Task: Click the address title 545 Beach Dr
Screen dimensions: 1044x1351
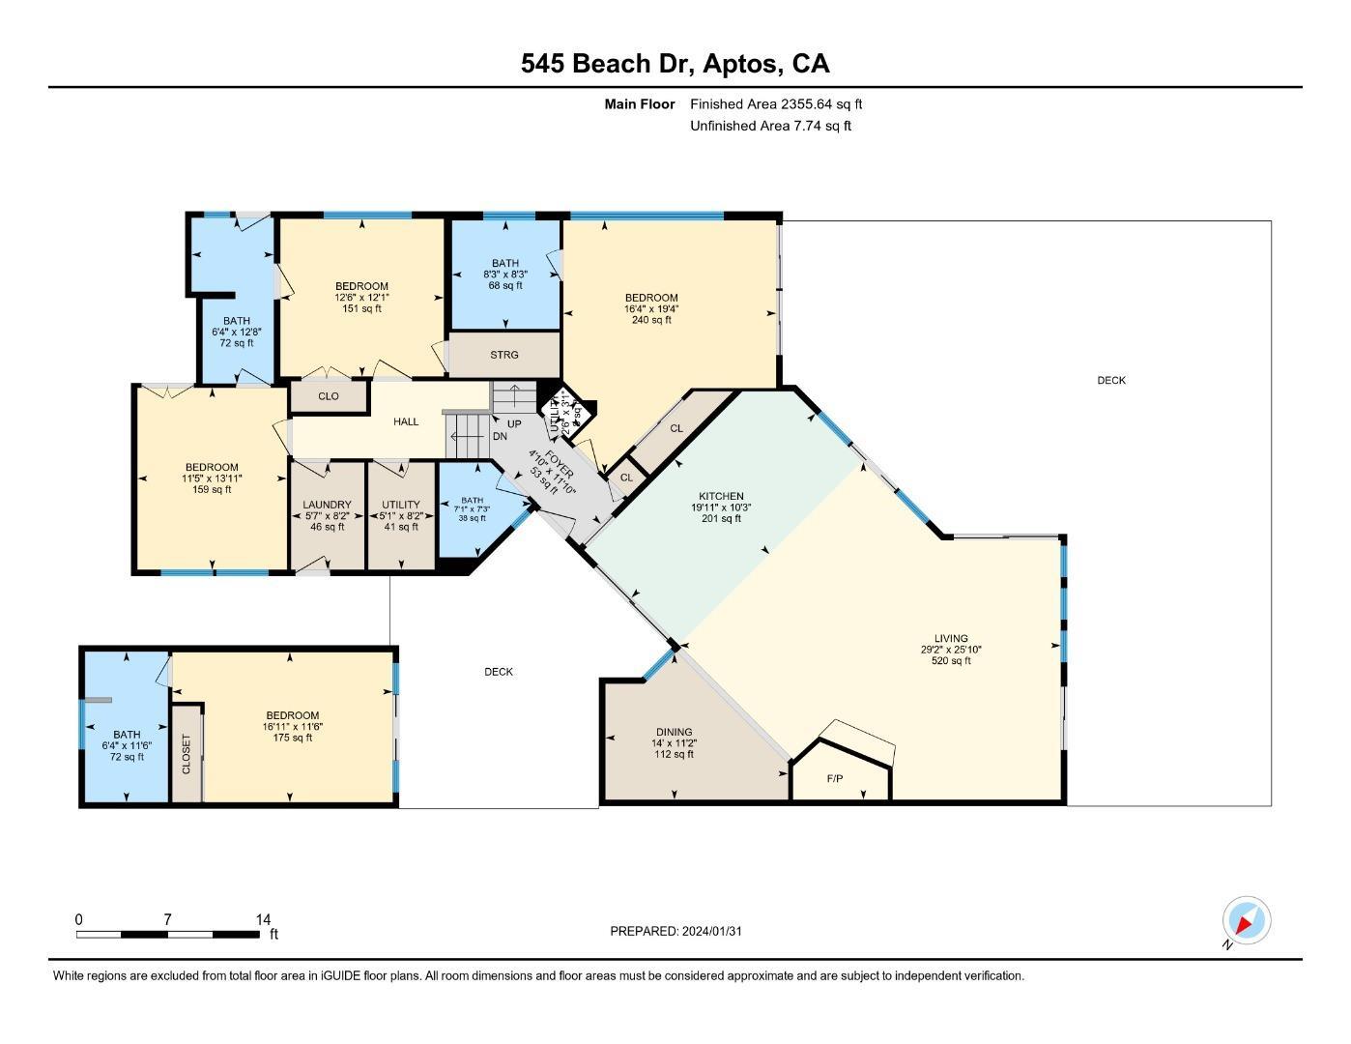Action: pos(675,64)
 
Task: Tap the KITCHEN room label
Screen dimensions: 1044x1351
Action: pos(716,496)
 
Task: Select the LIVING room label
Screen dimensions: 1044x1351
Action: pos(951,638)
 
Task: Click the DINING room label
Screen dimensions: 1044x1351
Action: pos(674,732)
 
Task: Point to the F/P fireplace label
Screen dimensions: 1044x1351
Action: pos(835,779)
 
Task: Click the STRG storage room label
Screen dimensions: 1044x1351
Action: pos(503,355)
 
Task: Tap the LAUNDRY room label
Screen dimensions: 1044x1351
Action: pos(327,505)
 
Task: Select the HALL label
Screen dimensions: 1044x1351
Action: pos(406,421)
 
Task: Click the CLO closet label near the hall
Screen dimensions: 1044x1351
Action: pos(329,396)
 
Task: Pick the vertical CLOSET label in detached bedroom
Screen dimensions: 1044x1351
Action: pos(187,755)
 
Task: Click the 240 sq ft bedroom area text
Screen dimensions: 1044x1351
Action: pos(651,320)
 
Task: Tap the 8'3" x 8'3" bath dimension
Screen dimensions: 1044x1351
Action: pos(504,275)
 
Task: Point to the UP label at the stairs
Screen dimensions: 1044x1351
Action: pos(514,424)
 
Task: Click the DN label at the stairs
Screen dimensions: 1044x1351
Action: pos(500,437)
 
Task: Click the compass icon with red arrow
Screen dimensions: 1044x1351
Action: pos(1247,921)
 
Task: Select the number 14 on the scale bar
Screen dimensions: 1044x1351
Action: pos(263,920)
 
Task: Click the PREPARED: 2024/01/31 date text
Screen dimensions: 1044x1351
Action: pos(675,931)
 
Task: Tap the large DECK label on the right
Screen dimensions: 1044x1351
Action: pos(1111,380)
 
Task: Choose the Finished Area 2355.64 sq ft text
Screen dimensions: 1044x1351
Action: pos(776,103)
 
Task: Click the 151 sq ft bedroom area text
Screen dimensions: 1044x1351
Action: pos(361,308)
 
